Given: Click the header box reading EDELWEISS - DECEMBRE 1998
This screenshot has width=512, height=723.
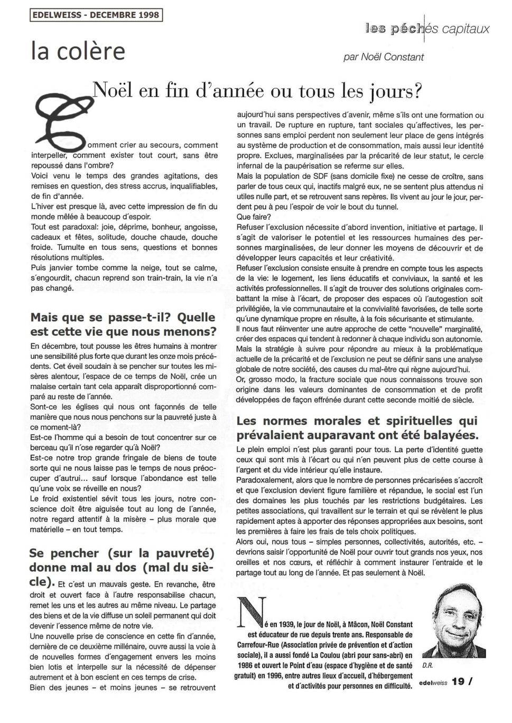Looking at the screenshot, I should tap(96, 15).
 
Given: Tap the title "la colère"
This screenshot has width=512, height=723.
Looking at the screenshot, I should tap(78, 51).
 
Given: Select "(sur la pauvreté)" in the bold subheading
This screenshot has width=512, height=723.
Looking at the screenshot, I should tap(160, 553).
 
